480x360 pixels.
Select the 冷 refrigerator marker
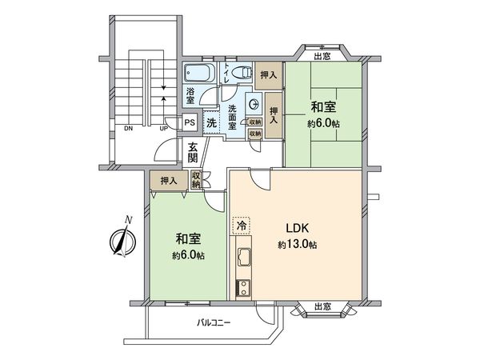239,226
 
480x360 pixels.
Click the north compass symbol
122,240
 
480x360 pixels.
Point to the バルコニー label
214,324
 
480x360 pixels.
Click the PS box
190,122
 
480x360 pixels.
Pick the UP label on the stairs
163,128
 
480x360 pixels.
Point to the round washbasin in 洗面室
252,102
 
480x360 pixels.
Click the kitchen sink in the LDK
243,258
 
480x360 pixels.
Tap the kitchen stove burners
242,287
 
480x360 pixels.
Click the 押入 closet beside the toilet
270,74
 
